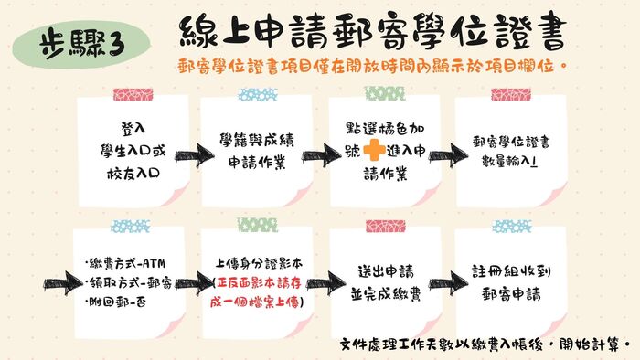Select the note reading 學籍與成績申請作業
255,147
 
